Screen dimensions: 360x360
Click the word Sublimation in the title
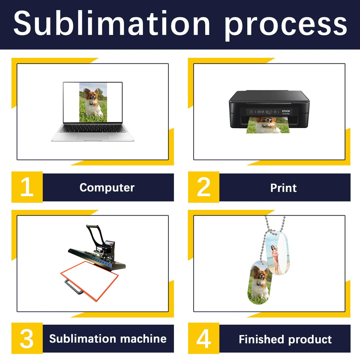point(112,23)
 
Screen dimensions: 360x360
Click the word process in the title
point(285,26)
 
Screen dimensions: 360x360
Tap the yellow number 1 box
point(27,187)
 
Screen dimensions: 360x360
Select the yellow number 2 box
point(204,187)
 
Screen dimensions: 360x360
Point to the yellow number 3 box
point(27,338)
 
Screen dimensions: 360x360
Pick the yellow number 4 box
point(204,338)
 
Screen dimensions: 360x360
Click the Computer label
point(107,188)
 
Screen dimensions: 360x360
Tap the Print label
point(283,188)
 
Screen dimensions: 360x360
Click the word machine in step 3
point(143,339)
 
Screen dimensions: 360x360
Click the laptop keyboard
point(93,129)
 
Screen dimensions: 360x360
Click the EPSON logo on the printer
point(286,111)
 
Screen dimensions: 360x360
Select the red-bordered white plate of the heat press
point(90,281)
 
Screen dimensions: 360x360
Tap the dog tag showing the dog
point(260,282)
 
